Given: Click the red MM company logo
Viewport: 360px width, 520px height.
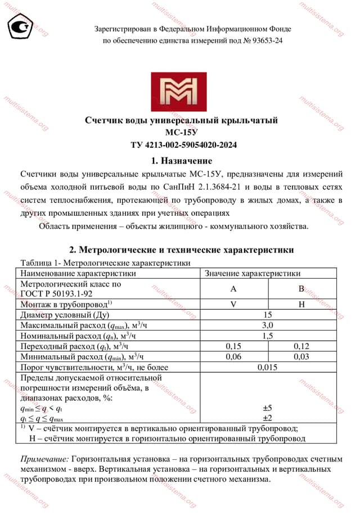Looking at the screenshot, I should tap(178, 91).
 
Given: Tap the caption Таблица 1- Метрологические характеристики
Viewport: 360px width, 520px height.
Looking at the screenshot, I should tap(105, 263).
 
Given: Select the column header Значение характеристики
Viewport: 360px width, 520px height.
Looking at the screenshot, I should tap(253, 273).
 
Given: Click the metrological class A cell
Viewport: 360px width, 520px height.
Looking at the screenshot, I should tap(233, 289).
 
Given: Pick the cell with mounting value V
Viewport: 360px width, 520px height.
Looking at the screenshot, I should tap(233, 304).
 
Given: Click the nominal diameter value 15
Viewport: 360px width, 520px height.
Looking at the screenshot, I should tap(268, 315).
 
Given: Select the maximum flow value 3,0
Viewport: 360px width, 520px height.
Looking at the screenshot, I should tap(268, 325).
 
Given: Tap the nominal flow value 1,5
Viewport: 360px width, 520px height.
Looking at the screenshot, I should tap(268, 336).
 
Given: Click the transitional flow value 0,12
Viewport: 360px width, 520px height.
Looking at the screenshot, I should tap(301, 346).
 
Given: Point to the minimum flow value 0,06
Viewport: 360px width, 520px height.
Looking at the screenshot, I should tap(233, 357).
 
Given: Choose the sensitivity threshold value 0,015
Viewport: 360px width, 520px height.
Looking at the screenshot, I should tap(268, 368).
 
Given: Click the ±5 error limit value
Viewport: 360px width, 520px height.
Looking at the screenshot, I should tap(268, 408).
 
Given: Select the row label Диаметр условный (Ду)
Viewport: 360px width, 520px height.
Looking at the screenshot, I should tap(64, 315).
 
